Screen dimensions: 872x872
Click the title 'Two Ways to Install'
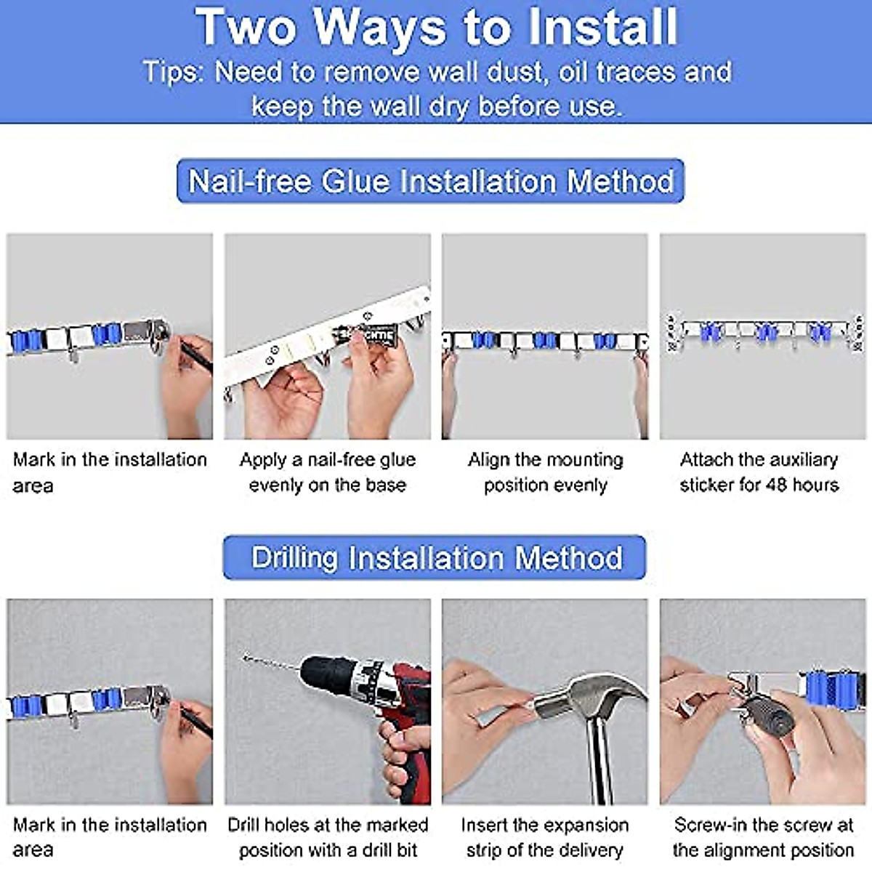coord(436,28)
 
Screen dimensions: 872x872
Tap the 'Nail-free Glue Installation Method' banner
coord(430,181)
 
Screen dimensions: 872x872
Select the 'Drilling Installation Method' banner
coord(435,558)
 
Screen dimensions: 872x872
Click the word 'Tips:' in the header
coord(174,72)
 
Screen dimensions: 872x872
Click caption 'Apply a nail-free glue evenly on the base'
coord(327,472)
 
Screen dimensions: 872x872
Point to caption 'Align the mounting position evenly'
coord(545,472)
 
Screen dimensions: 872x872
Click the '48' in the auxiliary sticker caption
coord(775,485)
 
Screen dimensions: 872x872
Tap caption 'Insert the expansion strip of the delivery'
coord(545,837)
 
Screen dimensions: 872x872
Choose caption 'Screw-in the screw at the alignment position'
coord(763,837)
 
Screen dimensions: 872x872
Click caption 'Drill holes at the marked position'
coord(327,837)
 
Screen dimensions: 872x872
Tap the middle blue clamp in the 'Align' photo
coord(545,340)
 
